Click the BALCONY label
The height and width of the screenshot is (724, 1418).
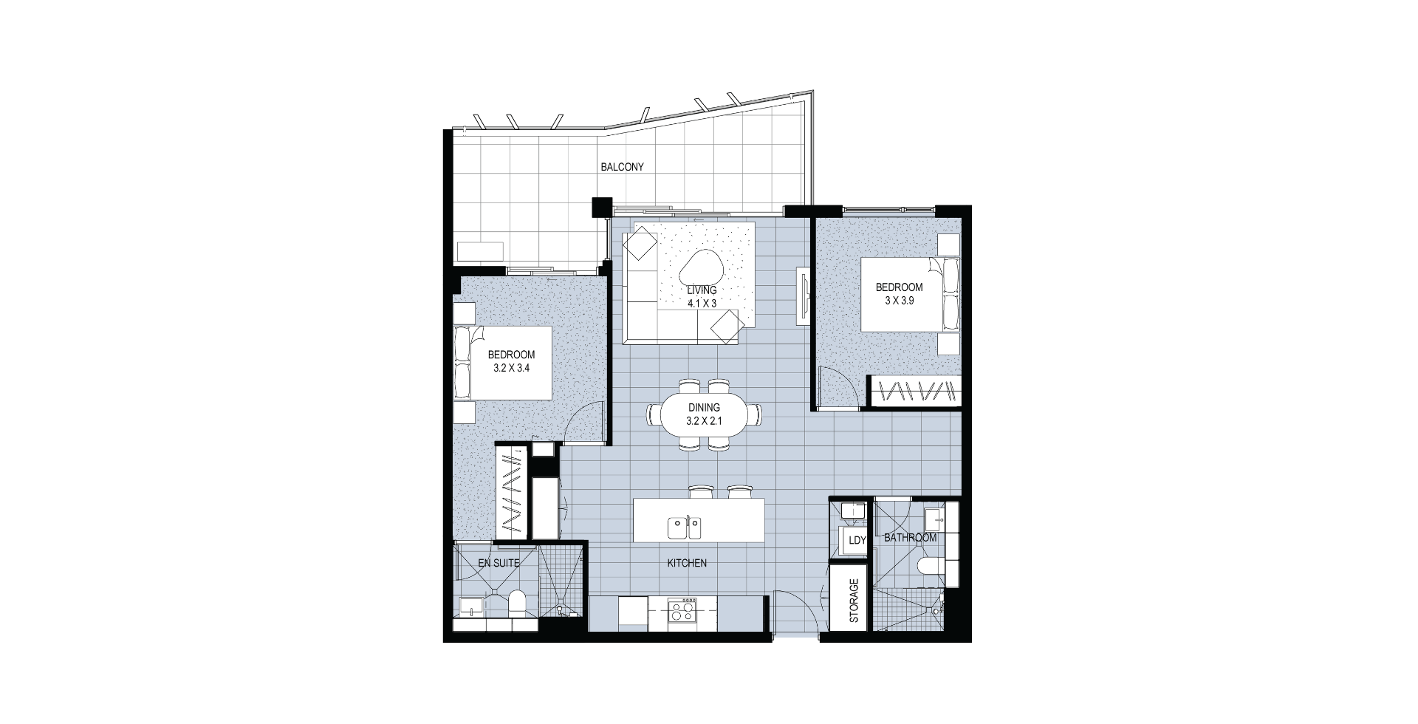622,167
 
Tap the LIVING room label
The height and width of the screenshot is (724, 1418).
702,290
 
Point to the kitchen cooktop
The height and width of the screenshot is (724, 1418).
681,611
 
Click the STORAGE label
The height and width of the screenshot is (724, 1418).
854,600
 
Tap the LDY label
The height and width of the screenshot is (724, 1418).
857,540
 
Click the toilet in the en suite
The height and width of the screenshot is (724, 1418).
517,602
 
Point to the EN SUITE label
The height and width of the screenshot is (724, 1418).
499,563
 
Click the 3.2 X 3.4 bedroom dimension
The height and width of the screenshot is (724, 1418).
511,367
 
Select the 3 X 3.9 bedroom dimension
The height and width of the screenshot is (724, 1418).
900,301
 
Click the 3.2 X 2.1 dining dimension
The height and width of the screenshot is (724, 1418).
703,421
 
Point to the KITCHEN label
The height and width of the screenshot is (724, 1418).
687,563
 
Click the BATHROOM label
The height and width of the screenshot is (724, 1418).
910,538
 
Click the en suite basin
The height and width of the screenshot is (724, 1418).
470,607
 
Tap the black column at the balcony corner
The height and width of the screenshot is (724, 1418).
603,208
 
